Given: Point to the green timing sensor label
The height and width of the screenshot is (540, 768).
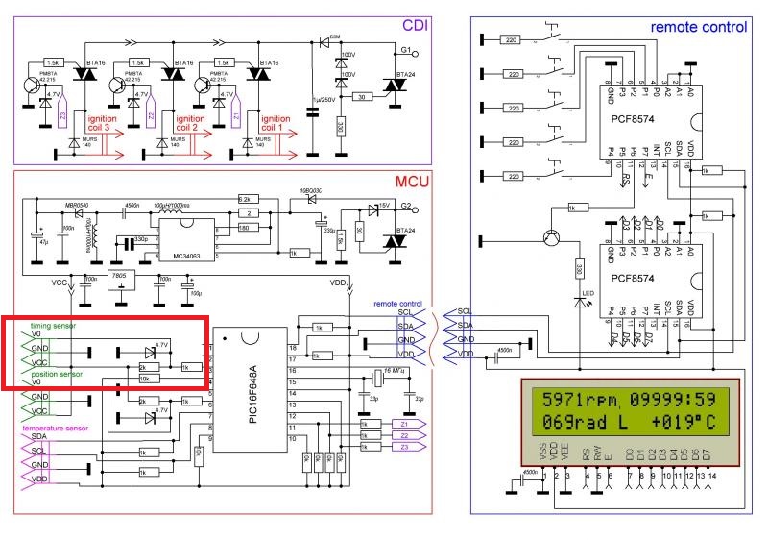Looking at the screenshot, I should pos(54,327).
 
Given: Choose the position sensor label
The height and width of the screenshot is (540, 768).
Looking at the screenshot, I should pos(58,373).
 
